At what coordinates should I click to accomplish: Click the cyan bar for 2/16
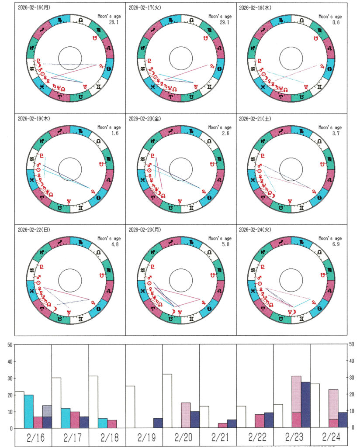tap(29, 412)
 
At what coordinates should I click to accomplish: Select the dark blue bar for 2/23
tap(305, 405)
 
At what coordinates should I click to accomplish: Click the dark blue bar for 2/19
tap(158, 423)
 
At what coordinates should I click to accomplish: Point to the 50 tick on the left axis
tap(9, 345)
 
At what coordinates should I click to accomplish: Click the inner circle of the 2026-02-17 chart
tap(181, 58)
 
